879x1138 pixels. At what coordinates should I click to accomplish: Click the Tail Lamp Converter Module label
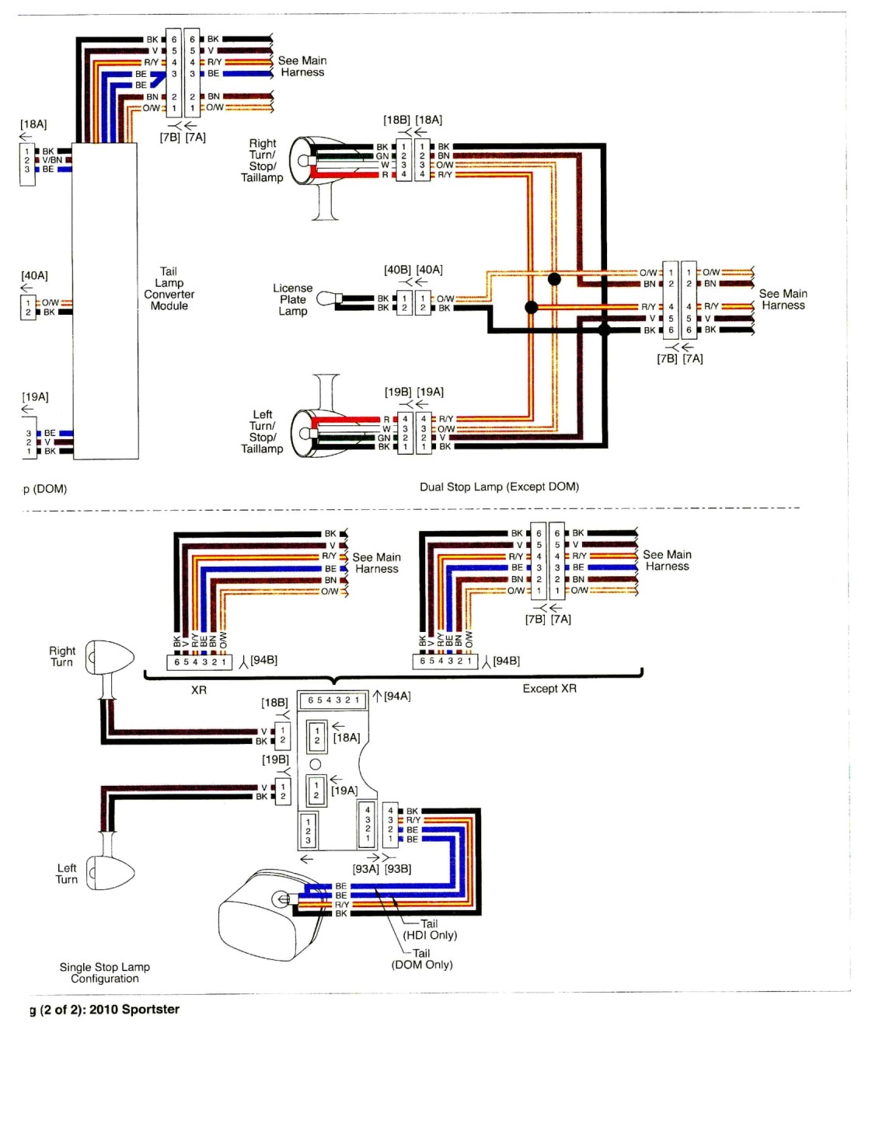pyautogui.click(x=169, y=288)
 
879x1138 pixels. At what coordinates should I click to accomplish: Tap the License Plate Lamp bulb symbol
pyautogui.click(x=329, y=298)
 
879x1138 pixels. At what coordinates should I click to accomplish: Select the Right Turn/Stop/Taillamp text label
pyautogui.click(x=262, y=160)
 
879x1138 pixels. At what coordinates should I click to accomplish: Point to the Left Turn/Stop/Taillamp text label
pyautogui.click(x=262, y=431)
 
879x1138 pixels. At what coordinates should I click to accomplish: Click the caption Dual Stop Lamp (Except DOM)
pyautogui.click(x=499, y=487)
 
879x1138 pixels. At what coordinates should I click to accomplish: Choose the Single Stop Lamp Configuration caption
pyautogui.click(x=105, y=972)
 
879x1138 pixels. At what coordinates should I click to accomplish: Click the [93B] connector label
pyautogui.click(x=398, y=869)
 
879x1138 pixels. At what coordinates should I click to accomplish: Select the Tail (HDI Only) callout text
pyautogui.click(x=430, y=930)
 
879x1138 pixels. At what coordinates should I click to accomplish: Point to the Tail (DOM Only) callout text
pyautogui.click(x=422, y=959)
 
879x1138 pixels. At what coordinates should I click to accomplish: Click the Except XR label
pyautogui.click(x=549, y=688)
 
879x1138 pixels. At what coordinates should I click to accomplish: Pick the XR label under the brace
pyautogui.click(x=199, y=689)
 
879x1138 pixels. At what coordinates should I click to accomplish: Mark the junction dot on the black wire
pyautogui.click(x=604, y=330)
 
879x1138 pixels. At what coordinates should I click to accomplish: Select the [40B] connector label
pyautogui.click(x=397, y=270)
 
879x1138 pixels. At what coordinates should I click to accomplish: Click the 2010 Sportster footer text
pyautogui.click(x=134, y=1009)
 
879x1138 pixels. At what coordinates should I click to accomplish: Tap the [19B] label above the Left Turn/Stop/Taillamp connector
pyautogui.click(x=399, y=392)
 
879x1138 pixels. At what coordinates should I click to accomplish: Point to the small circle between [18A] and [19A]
pyautogui.click(x=316, y=764)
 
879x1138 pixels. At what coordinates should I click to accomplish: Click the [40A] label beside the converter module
pyautogui.click(x=34, y=275)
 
